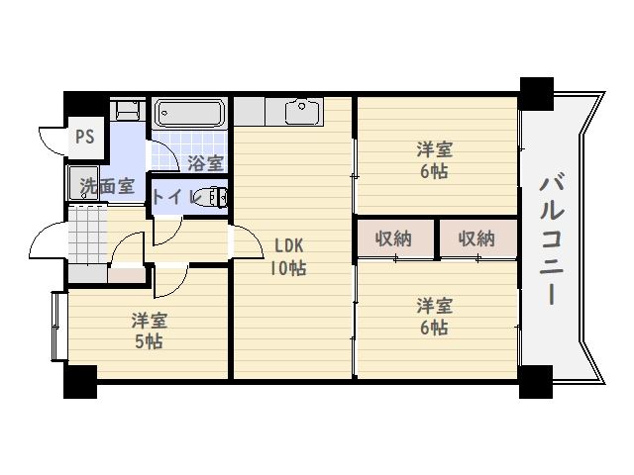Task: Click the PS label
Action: coord(84,137)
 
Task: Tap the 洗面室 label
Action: coord(107,185)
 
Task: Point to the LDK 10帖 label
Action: coord(288,256)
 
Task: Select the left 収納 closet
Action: coord(394,238)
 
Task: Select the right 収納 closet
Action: coord(476,238)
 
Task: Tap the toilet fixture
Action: coord(213,197)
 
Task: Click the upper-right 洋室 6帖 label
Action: coord(434,160)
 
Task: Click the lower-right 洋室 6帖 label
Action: coord(434,316)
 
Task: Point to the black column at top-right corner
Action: coord(537,92)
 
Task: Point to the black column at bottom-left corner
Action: coord(81,379)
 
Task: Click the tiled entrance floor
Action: coord(86,235)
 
